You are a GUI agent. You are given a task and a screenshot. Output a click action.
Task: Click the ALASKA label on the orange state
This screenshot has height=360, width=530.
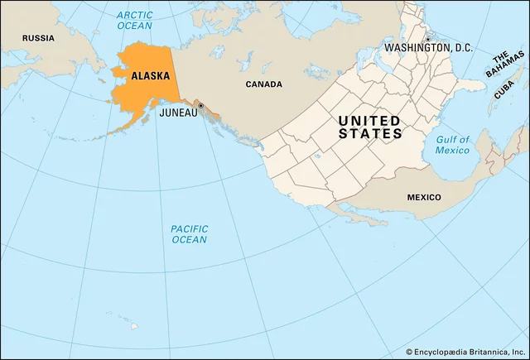click(x=150, y=75)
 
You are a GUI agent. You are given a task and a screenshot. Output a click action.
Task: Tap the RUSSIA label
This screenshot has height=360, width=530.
click(x=38, y=38)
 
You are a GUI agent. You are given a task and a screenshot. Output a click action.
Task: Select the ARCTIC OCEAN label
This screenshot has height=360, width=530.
click(x=134, y=21)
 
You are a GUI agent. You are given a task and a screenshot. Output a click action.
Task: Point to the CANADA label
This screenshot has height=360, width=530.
click(x=263, y=84)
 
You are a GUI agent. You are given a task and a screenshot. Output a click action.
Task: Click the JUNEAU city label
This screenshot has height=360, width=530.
click(x=178, y=113)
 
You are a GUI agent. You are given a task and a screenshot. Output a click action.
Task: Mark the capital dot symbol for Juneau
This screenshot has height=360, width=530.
click(x=200, y=106)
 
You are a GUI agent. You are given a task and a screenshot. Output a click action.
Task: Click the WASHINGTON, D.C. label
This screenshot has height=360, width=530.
click(x=428, y=49)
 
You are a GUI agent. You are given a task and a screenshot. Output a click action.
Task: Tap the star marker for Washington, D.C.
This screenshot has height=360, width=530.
click(x=428, y=39)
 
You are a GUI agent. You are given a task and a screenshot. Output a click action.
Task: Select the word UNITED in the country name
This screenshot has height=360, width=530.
click(x=369, y=121)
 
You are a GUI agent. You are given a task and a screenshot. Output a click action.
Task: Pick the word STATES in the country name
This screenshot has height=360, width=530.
click(x=370, y=134)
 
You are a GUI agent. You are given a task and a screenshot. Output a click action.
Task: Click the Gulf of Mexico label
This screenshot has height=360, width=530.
click(x=452, y=145)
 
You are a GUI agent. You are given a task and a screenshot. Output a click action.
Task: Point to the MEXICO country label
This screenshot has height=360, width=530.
click(x=423, y=197)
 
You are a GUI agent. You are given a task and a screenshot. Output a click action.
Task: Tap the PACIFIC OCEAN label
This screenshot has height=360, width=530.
click(x=189, y=234)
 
